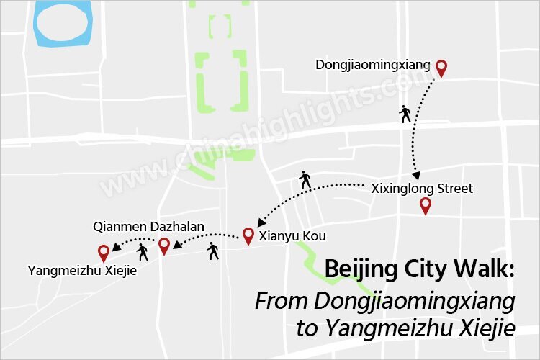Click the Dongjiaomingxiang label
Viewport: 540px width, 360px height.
point(372,66)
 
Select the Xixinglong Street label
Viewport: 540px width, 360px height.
point(422,189)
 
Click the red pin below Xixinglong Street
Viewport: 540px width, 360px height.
point(426,206)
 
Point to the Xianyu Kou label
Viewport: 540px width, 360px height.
point(287,235)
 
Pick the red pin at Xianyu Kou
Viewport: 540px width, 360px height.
point(248,235)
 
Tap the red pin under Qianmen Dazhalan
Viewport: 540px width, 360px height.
point(164,246)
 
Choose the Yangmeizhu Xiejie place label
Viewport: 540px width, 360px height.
point(82,271)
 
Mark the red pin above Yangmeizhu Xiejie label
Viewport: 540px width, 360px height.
point(104,253)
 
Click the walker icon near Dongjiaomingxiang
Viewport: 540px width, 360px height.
point(405,114)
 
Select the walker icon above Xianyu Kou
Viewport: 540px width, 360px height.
point(305,180)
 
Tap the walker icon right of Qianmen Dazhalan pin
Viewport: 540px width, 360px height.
point(212,251)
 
